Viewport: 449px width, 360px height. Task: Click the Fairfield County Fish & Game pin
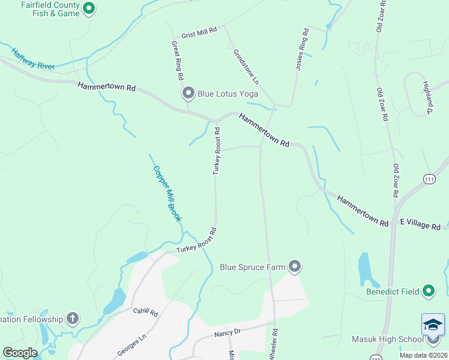click(x=89, y=8)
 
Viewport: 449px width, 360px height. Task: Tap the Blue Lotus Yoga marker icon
click(x=188, y=93)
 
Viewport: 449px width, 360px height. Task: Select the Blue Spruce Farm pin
click(x=294, y=267)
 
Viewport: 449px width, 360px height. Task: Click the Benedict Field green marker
click(x=428, y=292)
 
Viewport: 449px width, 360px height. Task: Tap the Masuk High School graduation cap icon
click(x=433, y=325)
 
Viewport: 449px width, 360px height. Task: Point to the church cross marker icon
click(x=72, y=319)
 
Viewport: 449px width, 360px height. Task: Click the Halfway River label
click(x=34, y=58)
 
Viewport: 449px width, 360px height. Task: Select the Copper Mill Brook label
click(x=167, y=194)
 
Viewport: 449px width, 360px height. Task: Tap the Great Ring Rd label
click(x=177, y=60)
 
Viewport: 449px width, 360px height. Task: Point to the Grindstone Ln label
click(x=246, y=66)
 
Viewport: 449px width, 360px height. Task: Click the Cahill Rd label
click(x=145, y=312)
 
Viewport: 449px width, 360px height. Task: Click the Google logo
click(x=20, y=353)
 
